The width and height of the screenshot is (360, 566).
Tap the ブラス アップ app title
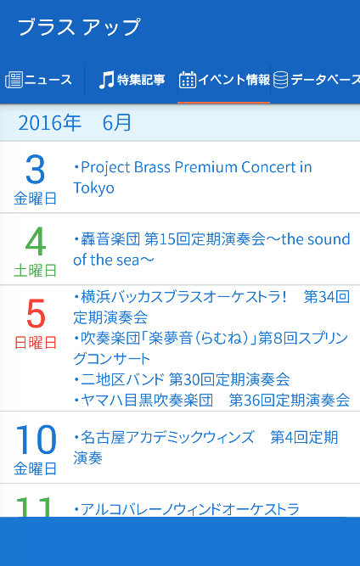click(x=79, y=27)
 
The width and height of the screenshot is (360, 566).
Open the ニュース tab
click(x=48, y=80)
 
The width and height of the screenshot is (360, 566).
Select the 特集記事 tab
click(x=141, y=80)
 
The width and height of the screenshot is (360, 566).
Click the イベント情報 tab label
click(x=234, y=80)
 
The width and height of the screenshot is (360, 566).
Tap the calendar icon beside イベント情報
click(x=188, y=80)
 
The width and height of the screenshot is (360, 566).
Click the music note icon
click(x=106, y=80)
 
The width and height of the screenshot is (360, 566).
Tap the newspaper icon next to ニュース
click(x=14, y=80)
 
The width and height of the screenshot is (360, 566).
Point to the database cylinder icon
click(x=280, y=80)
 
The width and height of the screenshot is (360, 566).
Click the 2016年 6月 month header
click(x=75, y=123)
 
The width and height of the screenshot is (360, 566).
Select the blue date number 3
click(x=36, y=170)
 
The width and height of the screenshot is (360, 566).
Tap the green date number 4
click(x=36, y=241)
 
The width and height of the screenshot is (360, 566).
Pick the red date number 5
click(x=36, y=313)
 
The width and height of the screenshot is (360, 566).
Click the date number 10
click(x=36, y=440)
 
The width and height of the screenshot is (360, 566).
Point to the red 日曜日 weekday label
click(x=36, y=343)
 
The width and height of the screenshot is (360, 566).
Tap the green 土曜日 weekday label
click(x=36, y=271)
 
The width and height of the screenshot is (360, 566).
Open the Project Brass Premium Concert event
click(x=193, y=177)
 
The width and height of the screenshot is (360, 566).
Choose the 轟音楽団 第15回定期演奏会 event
click(x=211, y=249)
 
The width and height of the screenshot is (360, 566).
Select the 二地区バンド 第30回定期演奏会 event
click(x=182, y=379)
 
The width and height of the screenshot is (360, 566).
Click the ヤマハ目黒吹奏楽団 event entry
click(x=211, y=400)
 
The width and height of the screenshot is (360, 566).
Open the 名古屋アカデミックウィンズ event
click(x=205, y=447)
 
